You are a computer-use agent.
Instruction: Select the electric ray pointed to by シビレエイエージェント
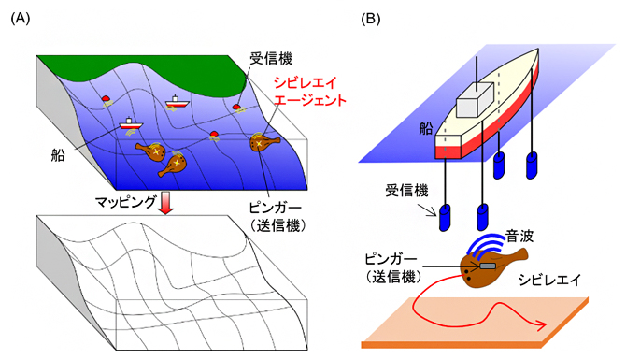coord(263,143)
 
